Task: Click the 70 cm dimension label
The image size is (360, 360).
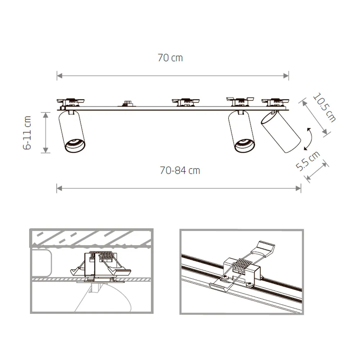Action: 170,58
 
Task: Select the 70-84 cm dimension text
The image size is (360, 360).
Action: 180,170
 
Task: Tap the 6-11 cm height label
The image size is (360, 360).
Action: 27,132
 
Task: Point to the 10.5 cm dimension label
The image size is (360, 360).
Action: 324,107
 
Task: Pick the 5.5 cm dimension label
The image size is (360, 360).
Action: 308,161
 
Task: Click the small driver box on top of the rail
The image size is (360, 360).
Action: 127,103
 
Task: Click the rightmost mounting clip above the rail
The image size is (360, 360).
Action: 275,102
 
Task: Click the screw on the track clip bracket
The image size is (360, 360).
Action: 224,278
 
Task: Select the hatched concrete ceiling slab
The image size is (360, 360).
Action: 90,238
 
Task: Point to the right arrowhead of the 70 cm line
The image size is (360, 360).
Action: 287,76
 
